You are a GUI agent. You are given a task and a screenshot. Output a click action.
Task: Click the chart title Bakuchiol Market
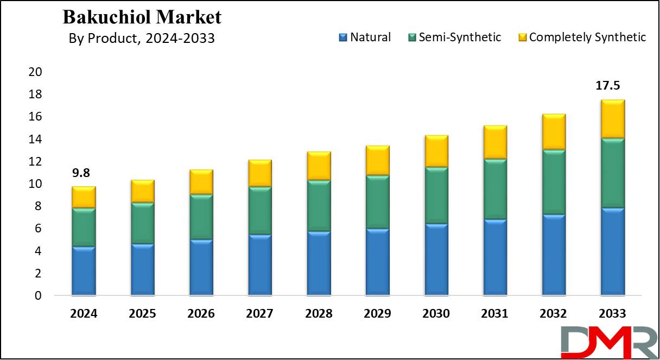tap(142, 17)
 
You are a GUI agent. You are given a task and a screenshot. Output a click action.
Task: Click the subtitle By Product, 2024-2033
tap(142, 39)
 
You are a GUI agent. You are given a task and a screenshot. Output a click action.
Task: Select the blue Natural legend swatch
tap(342, 37)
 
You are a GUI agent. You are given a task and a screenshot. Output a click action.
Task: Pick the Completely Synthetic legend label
tap(587, 37)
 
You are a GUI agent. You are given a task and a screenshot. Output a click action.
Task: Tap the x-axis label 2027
tap(259, 314)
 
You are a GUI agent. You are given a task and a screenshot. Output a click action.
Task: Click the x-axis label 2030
tap(436, 314)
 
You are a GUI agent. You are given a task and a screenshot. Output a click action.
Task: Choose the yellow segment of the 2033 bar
tap(612, 119)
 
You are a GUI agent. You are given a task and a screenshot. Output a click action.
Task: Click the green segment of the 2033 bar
tap(612, 173)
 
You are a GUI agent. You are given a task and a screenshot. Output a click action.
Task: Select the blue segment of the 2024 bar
tap(84, 271)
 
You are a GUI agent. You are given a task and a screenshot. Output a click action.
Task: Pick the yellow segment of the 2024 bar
tap(84, 197)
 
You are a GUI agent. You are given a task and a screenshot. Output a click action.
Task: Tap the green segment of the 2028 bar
tap(319, 206)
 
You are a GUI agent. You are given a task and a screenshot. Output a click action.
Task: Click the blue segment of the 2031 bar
tap(494, 257)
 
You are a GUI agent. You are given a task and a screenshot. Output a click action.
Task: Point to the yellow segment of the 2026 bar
tap(201, 182)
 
